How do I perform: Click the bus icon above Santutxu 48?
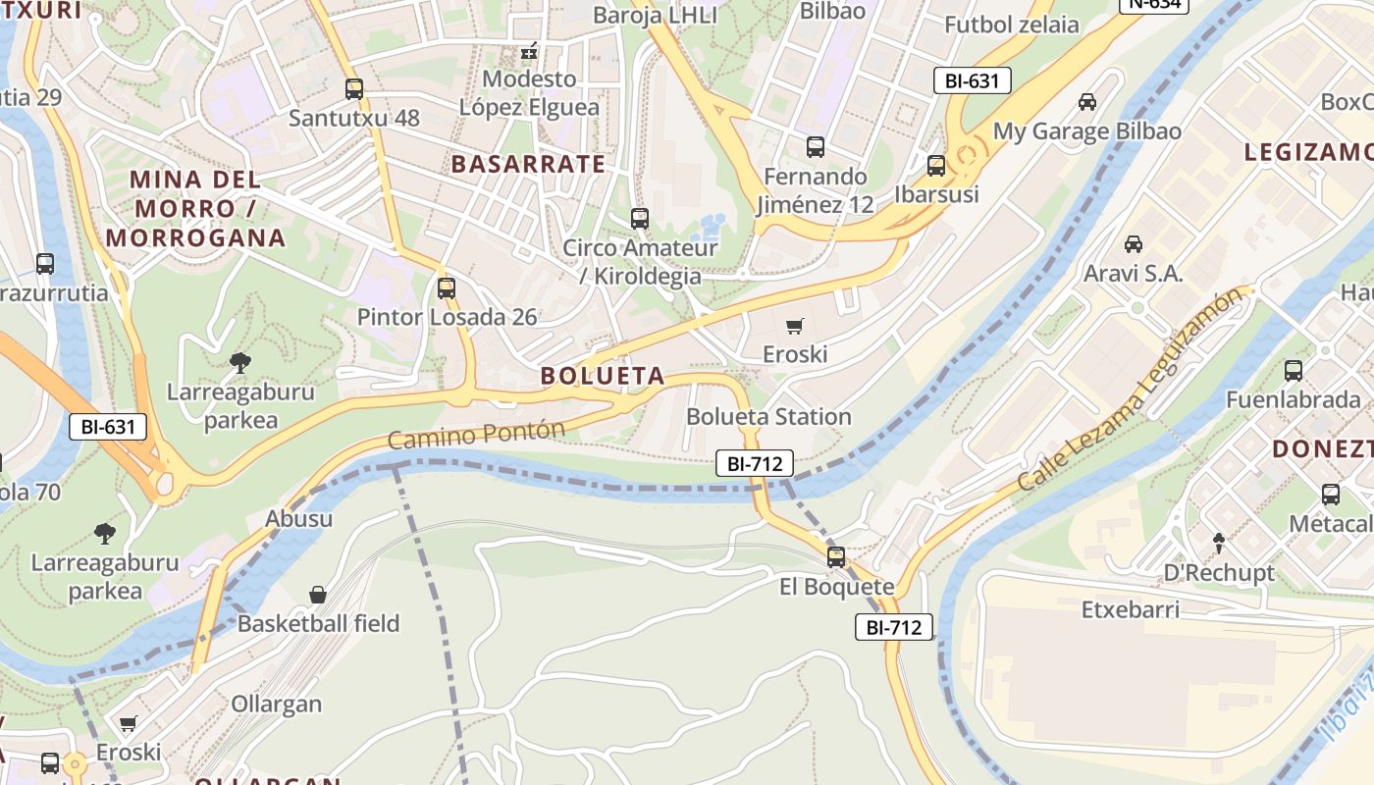(354, 89)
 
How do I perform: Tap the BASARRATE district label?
(528, 164)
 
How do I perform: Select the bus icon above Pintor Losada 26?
(447, 288)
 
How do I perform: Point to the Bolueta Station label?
(768, 416)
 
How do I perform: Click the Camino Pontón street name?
(477, 435)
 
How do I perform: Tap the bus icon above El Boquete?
(836, 557)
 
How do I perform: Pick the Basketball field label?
(319, 623)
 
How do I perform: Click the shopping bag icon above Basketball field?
(318, 595)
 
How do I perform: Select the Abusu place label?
(299, 518)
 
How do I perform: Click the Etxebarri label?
(1131, 610)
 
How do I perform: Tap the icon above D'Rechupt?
(1219, 542)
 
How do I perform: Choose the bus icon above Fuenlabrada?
(1294, 371)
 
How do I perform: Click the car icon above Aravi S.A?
(1134, 243)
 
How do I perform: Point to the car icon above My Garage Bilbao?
(1087, 102)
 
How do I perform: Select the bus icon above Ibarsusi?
(936, 165)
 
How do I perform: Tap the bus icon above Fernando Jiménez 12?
(816, 148)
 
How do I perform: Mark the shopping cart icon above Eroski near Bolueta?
(795, 326)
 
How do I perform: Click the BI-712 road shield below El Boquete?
(893, 627)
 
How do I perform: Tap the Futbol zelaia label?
(1012, 25)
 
